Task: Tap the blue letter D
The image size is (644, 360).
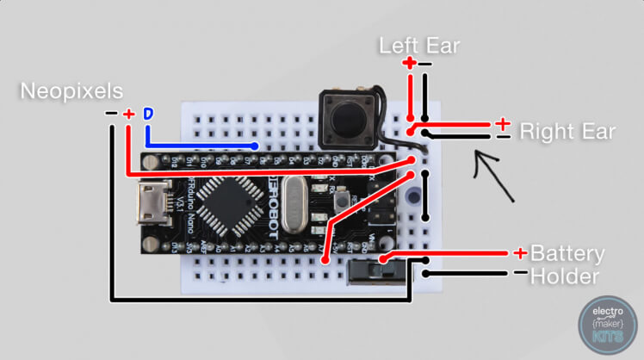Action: (147, 115)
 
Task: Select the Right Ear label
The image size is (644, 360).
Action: (567, 132)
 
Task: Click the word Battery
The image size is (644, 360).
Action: (567, 254)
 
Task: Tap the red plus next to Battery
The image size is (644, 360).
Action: (520, 252)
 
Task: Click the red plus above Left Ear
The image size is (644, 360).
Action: (409, 63)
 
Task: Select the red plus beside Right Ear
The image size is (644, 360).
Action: (503, 123)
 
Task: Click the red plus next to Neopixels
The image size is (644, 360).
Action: (128, 115)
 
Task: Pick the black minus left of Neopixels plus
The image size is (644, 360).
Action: (110, 115)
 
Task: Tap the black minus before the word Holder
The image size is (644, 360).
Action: (519, 275)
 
